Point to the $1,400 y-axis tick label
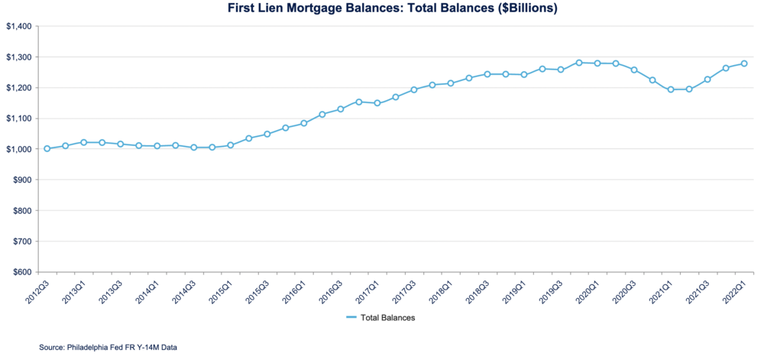pyautogui.click(x=18, y=27)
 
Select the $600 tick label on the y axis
pyautogui.click(x=21, y=272)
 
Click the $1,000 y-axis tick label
pyautogui.click(x=18, y=149)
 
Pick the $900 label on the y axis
pyautogui.click(x=21, y=180)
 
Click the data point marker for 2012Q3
pyautogui.click(x=47, y=148)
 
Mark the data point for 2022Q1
pyautogui.click(x=744, y=63)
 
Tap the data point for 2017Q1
pyautogui.click(x=377, y=103)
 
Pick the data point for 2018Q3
pyautogui.click(x=487, y=74)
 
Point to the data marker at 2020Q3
pyautogui.click(x=634, y=70)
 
